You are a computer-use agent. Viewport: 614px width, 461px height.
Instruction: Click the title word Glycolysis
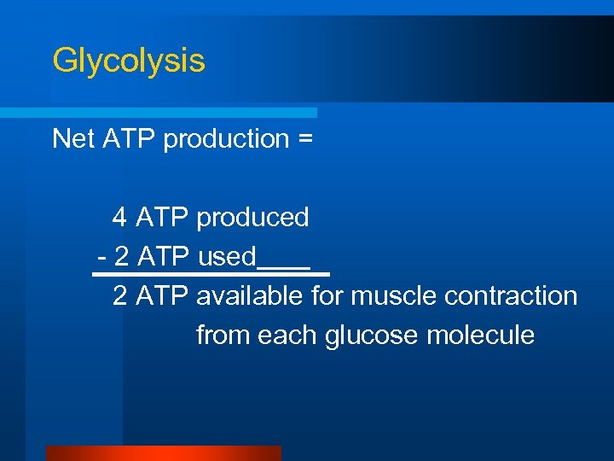(x=128, y=61)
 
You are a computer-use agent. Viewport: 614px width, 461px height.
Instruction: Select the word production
(x=226, y=138)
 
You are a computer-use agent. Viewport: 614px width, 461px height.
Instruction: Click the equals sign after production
(x=304, y=139)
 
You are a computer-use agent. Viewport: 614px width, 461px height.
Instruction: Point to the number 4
(x=119, y=218)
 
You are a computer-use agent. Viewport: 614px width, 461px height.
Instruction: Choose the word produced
(x=252, y=219)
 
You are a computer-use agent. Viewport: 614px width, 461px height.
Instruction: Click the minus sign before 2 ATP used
(x=101, y=257)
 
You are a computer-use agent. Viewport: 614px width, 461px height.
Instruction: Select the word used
(x=226, y=256)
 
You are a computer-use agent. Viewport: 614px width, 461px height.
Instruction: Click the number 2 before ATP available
(x=120, y=296)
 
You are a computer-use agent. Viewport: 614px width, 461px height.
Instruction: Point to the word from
(x=223, y=336)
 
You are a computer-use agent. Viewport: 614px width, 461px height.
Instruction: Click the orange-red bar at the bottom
(x=163, y=453)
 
